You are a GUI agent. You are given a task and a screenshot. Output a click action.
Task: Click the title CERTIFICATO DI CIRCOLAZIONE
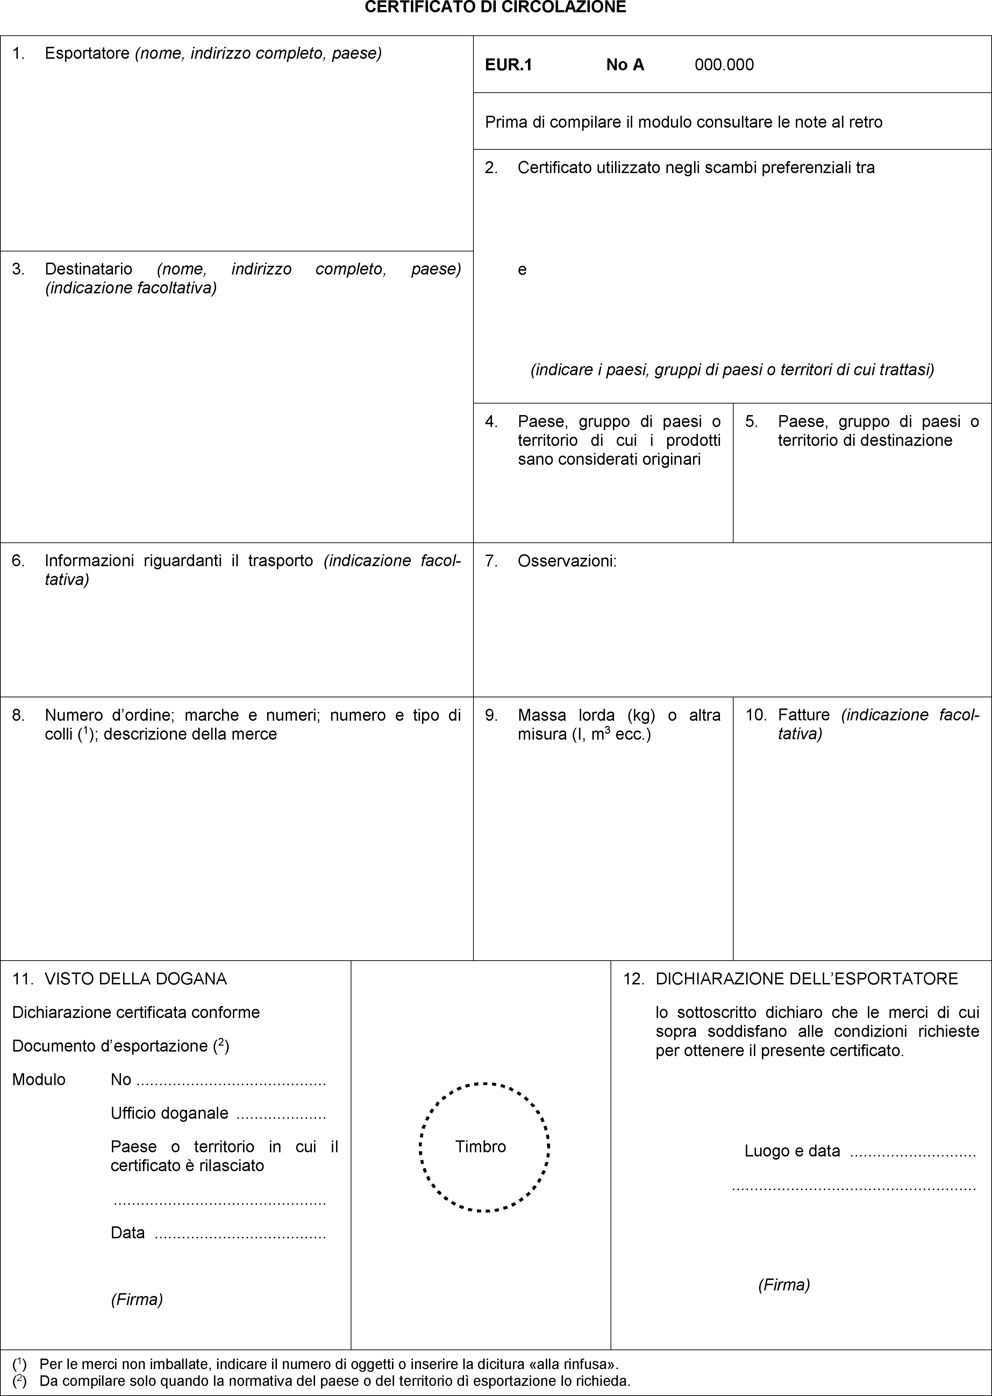point(495,7)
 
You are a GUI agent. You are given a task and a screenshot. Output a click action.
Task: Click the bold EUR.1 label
point(508,65)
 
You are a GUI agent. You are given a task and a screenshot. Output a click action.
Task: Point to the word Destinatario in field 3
point(88,269)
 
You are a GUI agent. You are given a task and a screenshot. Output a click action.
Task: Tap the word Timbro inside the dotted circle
point(481,1147)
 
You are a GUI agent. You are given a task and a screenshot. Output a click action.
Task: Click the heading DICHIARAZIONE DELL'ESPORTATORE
point(806,979)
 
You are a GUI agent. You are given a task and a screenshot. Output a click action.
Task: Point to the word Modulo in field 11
point(38,1080)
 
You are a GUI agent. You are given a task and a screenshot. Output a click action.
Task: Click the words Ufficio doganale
point(169,1113)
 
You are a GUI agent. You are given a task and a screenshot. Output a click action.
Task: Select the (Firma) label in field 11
point(136,1299)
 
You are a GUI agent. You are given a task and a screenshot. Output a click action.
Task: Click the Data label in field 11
point(128,1232)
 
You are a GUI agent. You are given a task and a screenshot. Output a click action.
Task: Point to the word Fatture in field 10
point(804,715)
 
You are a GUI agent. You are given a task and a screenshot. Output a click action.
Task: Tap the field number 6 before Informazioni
point(18,561)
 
